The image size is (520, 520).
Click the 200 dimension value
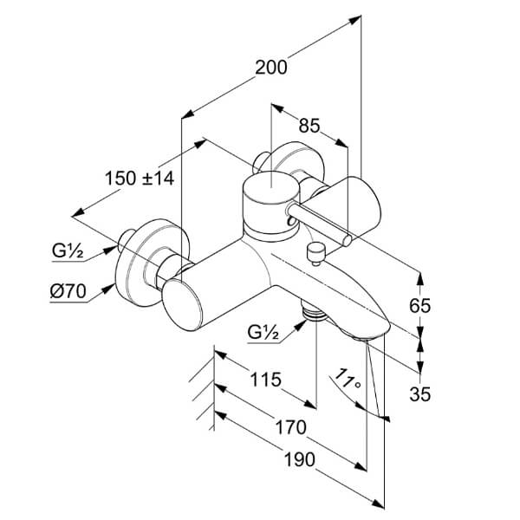coord(271,68)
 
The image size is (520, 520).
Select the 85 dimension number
coord(309,126)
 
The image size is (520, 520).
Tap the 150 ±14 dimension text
coord(140,178)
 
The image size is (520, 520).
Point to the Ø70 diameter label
coord(68,292)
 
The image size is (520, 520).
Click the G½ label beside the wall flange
coord(68,251)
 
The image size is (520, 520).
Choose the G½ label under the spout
coord(263,333)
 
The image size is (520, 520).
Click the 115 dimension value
coord(265,380)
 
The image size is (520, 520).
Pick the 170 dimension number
coord(291,427)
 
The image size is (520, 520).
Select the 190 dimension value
coord(300,460)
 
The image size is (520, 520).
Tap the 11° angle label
coord(347,379)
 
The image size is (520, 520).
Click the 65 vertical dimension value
coord(419,305)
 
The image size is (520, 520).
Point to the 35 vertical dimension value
coord(419,394)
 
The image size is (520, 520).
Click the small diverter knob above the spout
coord(316,253)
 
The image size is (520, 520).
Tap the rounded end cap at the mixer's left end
coord(182,305)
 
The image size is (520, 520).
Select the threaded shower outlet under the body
coord(314,312)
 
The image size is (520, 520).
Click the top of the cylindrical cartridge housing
coord(271,188)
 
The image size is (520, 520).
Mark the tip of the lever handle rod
coord(347,240)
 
